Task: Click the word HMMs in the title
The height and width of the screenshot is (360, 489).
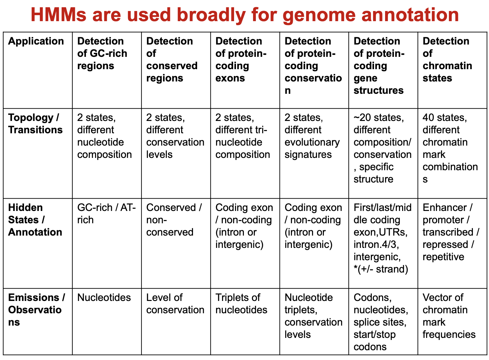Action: tap(58, 15)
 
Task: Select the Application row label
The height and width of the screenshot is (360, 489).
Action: tap(36, 41)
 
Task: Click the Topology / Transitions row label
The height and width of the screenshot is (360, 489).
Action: tap(35, 123)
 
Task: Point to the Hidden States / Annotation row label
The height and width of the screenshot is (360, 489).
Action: tap(35, 220)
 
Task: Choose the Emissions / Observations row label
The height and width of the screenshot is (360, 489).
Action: tap(36, 310)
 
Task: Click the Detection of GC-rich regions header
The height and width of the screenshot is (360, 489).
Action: tap(102, 53)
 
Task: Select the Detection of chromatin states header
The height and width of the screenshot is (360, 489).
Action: tap(447, 60)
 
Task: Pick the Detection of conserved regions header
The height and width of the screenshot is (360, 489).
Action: tap(172, 60)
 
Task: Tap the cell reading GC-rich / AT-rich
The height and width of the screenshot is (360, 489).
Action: tap(106, 213)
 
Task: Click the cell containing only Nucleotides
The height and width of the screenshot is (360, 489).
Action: tap(104, 297)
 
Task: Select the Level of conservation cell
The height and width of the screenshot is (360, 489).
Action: tap(175, 303)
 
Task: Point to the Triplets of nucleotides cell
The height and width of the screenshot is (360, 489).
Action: tap(241, 303)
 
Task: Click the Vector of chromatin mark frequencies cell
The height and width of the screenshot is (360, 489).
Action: tap(449, 316)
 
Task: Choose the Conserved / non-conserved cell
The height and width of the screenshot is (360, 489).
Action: tap(174, 220)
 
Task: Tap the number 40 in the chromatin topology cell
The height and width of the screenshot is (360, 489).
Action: tap(428, 117)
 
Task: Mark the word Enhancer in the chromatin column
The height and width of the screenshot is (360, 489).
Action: tap(444, 207)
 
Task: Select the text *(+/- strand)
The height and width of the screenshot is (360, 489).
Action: tap(381, 269)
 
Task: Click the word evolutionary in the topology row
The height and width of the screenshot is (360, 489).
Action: tap(312, 142)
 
